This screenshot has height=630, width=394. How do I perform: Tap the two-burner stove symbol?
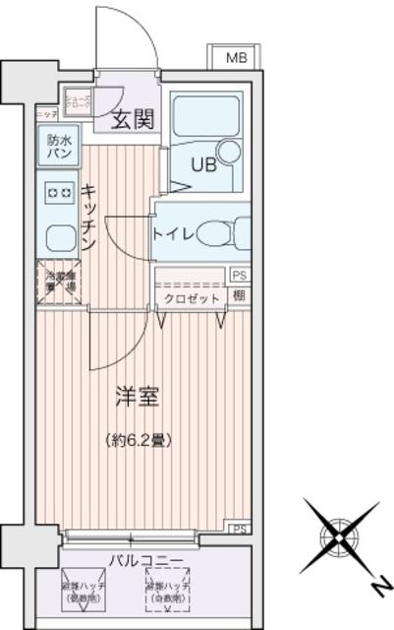(x=58, y=193)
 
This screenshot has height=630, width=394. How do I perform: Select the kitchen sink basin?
(x=58, y=237)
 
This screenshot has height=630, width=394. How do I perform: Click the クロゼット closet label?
(x=191, y=297)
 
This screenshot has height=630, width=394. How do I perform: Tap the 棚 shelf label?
(x=239, y=295)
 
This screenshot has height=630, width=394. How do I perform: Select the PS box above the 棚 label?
(x=239, y=276)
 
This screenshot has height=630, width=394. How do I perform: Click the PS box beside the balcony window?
(x=239, y=529)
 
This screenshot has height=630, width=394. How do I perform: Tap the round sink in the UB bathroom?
(x=229, y=151)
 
